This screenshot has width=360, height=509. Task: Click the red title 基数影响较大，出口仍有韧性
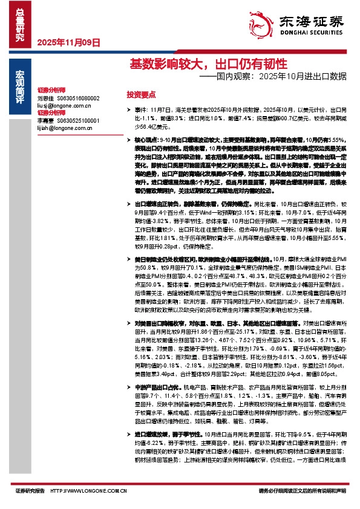tap(189, 64)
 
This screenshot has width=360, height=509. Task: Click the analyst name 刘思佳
tap(45, 98)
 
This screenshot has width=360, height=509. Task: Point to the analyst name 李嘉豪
tap(45, 121)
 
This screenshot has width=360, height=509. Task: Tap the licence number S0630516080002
tap(79, 98)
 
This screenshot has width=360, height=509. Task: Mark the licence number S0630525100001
tap(79, 121)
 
